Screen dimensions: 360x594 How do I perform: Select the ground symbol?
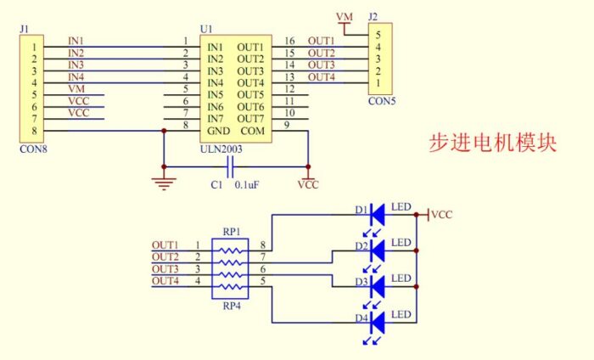(x=162, y=180)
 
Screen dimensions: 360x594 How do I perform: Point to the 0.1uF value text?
(x=248, y=183)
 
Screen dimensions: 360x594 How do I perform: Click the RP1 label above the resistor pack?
(x=231, y=231)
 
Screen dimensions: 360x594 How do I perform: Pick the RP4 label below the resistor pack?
(x=231, y=307)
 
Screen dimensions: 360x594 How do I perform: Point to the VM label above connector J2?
(x=344, y=17)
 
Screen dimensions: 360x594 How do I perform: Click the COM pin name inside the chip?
(x=252, y=131)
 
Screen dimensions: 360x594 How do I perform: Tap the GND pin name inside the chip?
(x=218, y=131)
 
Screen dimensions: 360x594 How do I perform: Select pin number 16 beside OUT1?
(x=289, y=41)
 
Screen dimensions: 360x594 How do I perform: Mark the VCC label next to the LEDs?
(x=441, y=215)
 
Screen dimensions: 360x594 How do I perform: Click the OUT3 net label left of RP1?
(x=165, y=268)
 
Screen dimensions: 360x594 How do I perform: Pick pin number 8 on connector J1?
(x=34, y=131)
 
